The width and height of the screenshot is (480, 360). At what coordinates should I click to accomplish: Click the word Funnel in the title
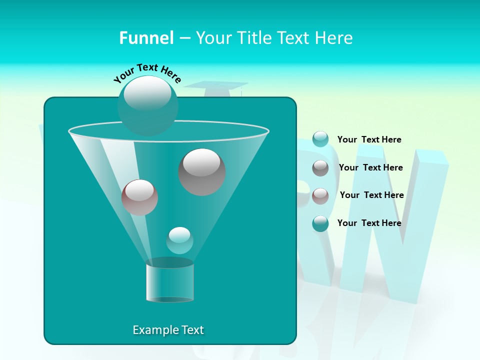146,38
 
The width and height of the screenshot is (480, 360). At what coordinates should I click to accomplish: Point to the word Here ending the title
335,38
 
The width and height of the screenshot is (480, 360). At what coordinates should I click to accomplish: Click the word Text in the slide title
293,38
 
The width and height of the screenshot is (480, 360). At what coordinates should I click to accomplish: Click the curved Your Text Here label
147,73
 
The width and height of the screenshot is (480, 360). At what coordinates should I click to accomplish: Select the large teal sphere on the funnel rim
147,105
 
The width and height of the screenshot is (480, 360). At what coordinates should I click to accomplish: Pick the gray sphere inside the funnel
202,171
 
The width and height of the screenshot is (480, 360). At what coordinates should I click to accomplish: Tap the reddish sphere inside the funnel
139,197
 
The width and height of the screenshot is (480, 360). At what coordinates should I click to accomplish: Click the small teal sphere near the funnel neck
179,240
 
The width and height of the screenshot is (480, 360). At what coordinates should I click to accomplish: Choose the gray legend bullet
320,168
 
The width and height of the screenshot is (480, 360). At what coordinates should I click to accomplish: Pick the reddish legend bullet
320,196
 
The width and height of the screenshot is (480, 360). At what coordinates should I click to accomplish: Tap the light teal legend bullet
320,139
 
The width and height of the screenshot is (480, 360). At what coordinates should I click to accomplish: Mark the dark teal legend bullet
320,223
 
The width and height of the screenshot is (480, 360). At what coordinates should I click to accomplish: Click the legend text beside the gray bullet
370,167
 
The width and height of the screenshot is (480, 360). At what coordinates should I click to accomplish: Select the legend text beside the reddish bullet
371,195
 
